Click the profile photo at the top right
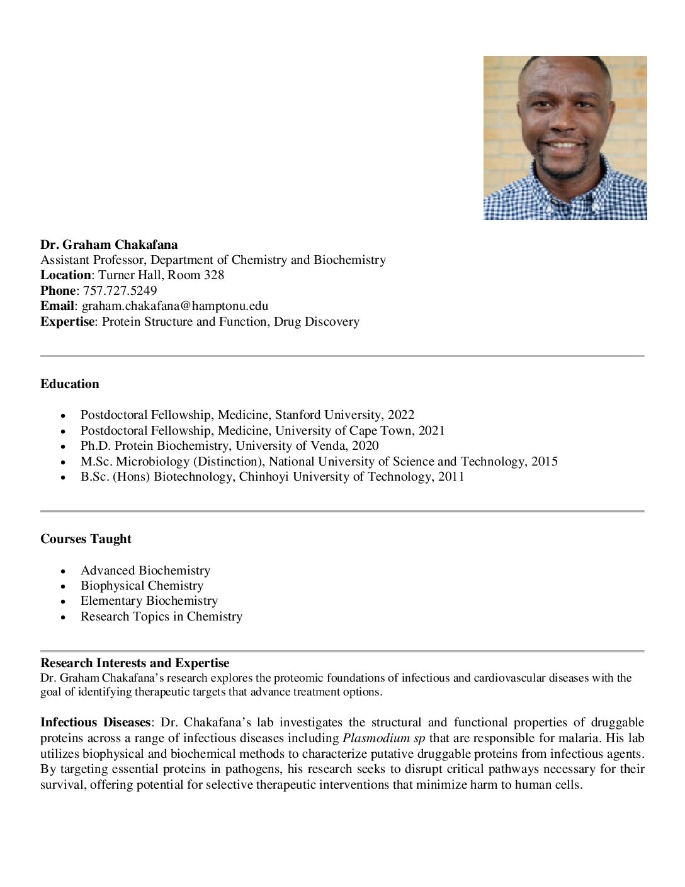565,138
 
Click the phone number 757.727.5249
120,291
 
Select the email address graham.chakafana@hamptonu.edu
175,306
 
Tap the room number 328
214,275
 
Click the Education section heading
70,384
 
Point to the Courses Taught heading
86,539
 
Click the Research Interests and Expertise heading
135,663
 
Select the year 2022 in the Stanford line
401,415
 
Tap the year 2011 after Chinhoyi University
451,477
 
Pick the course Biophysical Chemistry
142,586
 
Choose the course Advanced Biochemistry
145,571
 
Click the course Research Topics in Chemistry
161,617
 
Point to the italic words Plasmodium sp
383,738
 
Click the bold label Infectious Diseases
95,723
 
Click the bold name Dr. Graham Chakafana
109,245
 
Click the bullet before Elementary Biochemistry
63,602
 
